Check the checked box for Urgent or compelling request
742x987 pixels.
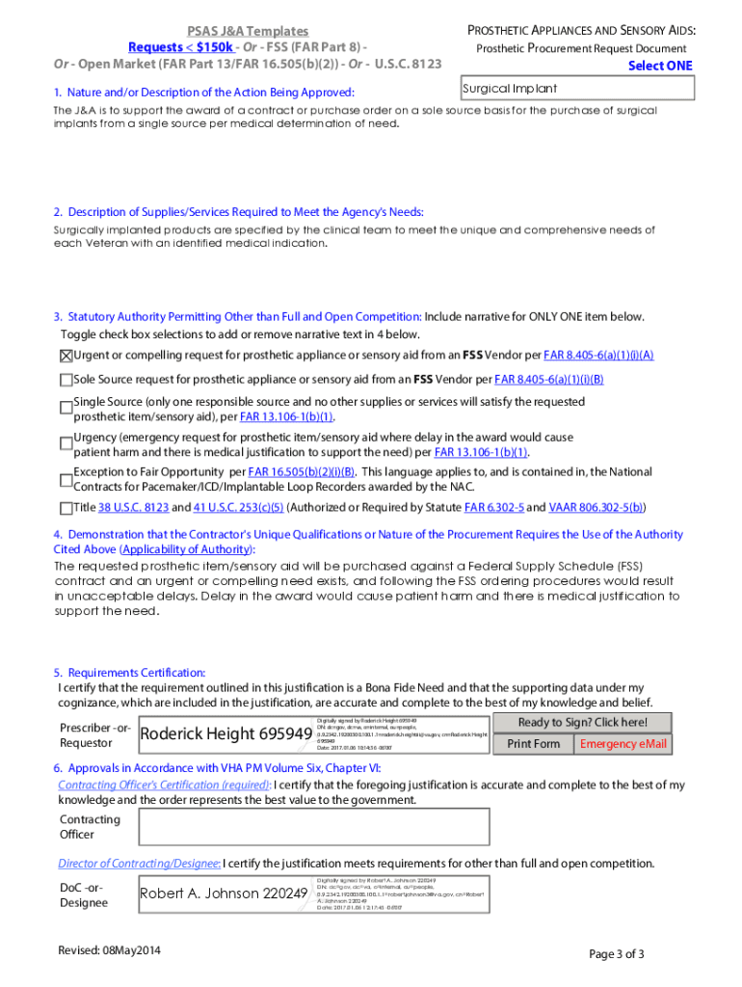(x=66, y=356)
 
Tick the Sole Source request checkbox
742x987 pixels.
(x=66, y=380)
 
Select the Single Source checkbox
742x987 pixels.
(x=66, y=409)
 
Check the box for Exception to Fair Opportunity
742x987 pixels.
(x=66, y=479)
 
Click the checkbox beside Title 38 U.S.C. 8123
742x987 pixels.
(x=66, y=507)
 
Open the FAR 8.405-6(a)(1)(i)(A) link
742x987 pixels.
(x=598, y=355)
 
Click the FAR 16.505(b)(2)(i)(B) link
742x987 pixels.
(x=302, y=472)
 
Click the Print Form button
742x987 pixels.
(x=533, y=744)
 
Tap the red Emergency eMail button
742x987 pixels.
(x=623, y=744)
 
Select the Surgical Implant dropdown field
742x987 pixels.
(x=577, y=89)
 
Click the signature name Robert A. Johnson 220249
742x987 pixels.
(x=224, y=894)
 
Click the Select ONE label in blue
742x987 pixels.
(x=660, y=66)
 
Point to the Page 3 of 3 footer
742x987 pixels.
(x=616, y=954)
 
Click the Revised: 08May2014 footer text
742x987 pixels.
(x=109, y=951)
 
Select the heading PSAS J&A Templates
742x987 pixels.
(x=248, y=32)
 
